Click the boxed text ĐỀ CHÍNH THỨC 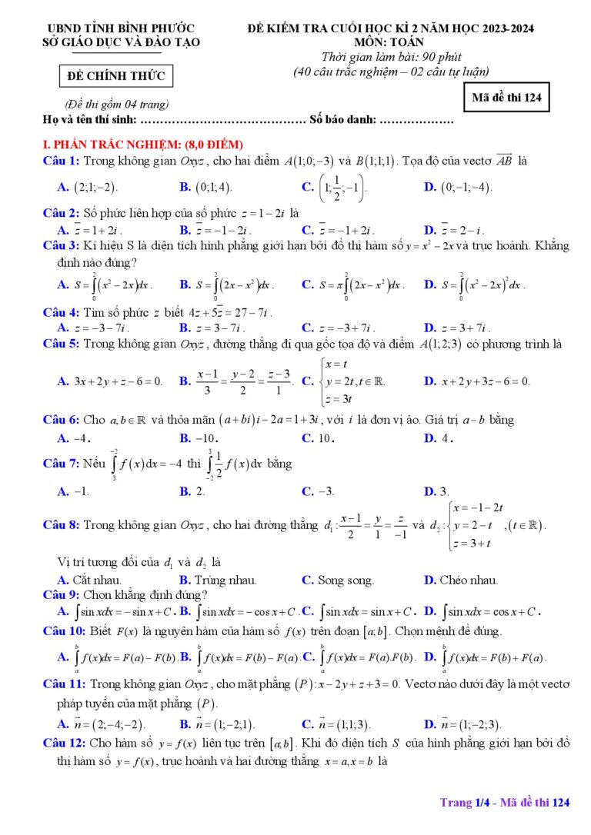[x=116, y=77]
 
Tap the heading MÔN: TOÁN [x=390, y=42]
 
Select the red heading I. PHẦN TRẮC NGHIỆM [x=143, y=145]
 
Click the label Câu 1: [x=62, y=161]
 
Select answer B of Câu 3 [x=227, y=284]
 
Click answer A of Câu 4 [x=88, y=327]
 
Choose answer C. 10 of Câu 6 [x=318, y=438]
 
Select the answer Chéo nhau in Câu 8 [x=461, y=581]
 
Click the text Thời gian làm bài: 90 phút [x=390, y=58]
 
